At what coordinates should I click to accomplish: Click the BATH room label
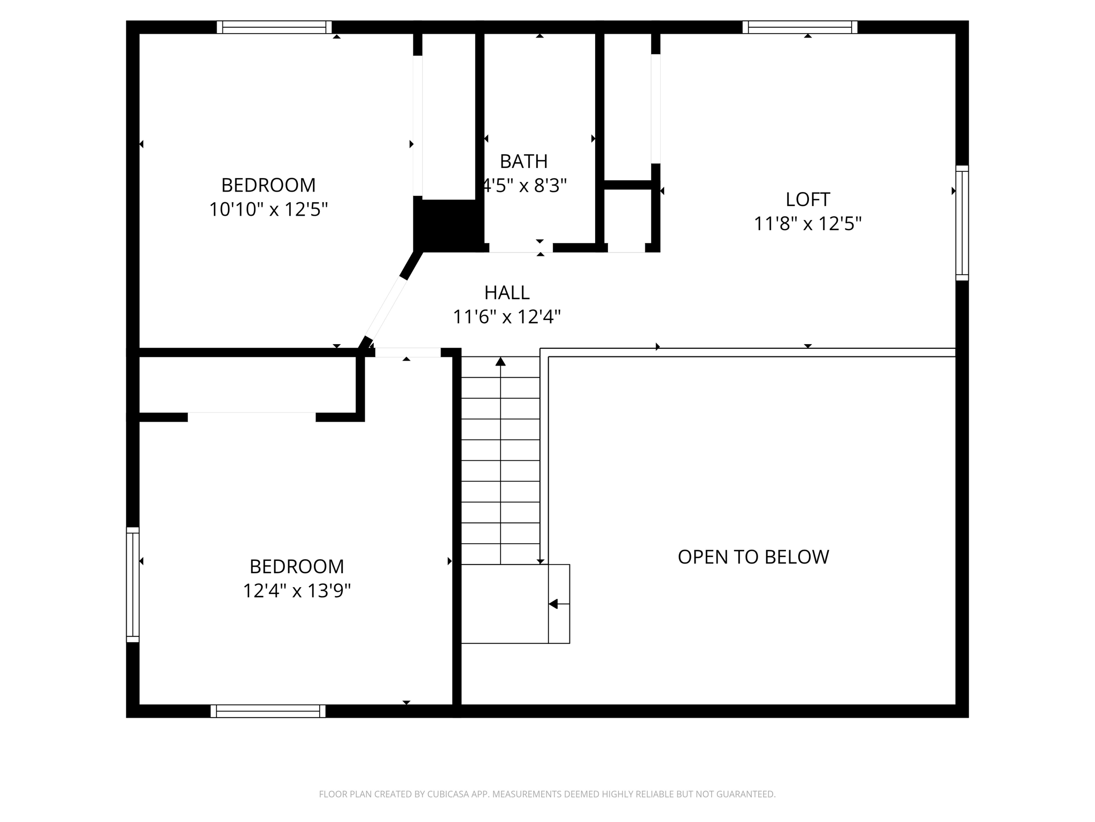(523, 161)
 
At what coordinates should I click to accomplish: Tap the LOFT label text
(807, 200)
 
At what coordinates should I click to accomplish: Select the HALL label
(507, 293)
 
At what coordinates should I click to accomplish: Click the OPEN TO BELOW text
(753, 557)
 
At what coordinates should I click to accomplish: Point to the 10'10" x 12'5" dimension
(268, 209)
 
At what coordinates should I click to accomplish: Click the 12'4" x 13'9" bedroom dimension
(297, 591)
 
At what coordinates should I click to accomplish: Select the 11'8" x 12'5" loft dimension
(807, 224)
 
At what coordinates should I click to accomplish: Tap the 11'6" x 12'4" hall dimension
(507, 317)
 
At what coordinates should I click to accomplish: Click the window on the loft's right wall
(962, 223)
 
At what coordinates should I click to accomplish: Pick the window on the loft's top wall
(800, 27)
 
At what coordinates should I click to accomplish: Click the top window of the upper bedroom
(274, 27)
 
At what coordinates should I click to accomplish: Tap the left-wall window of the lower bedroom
(133, 584)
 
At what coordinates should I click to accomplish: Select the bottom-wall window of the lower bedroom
(268, 711)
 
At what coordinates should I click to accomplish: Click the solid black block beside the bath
(448, 225)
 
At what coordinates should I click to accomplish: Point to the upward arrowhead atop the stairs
(500, 362)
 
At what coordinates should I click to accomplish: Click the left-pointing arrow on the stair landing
(553, 604)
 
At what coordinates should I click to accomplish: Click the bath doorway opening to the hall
(521, 248)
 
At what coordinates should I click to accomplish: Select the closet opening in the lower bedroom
(251, 417)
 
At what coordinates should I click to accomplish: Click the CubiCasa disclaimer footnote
(547, 794)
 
